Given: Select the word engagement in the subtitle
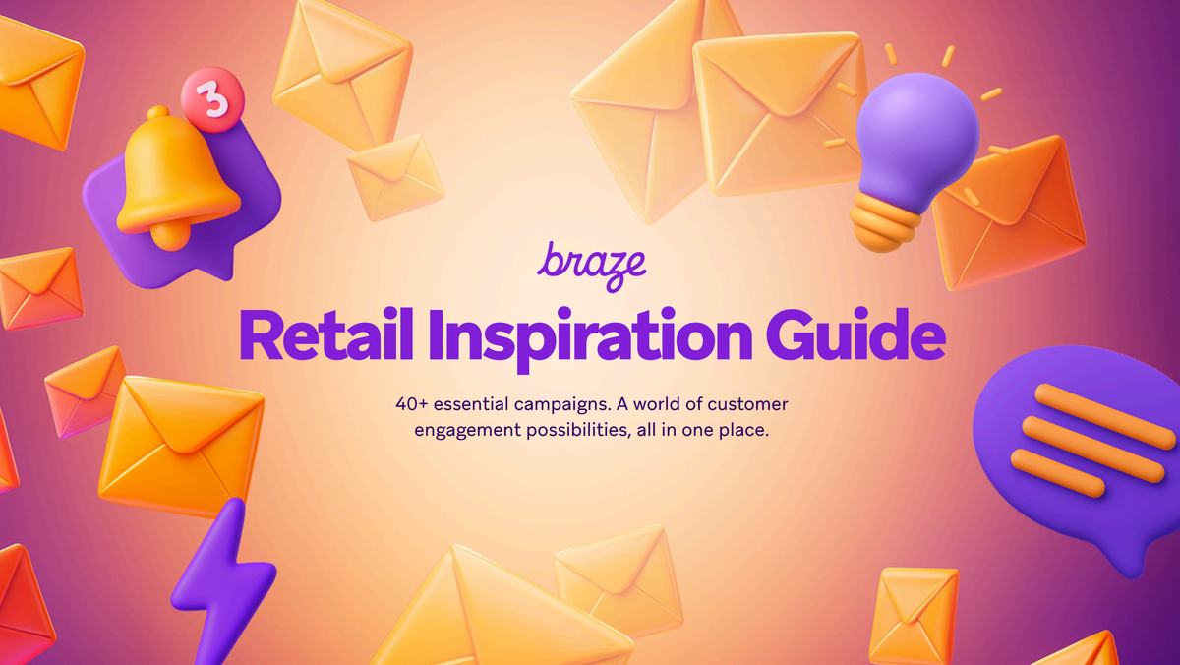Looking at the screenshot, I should pyautogui.click(x=466, y=431).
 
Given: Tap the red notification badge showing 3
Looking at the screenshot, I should pyautogui.click(x=207, y=98).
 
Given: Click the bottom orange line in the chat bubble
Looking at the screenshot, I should pyautogui.click(x=1058, y=472).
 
